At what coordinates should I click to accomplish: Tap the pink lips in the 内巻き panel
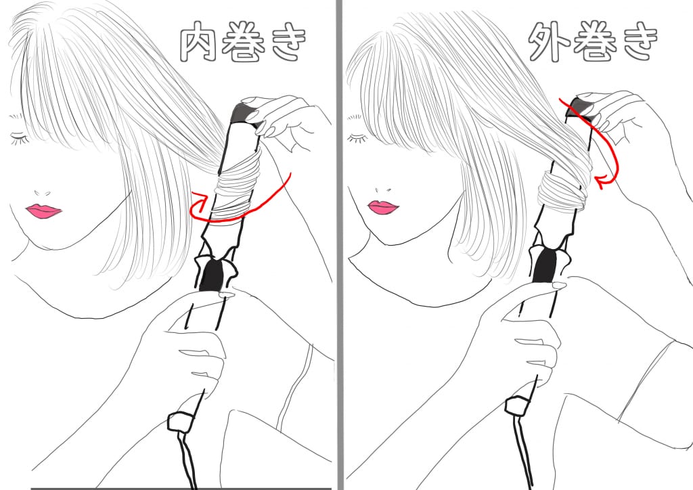(x=43, y=210)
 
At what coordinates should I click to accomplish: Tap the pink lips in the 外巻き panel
(x=383, y=207)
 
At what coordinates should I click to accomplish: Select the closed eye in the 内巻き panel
(x=20, y=138)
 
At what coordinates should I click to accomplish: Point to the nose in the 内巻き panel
(x=42, y=193)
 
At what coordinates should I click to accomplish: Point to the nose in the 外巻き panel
(x=383, y=190)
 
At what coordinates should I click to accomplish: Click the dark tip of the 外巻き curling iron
(x=581, y=108)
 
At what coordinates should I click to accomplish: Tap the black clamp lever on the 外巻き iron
(x=547, y=265)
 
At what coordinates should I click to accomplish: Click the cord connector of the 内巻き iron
(x=180, y=421)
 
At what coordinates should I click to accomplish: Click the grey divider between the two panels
(x=340, y=245)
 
